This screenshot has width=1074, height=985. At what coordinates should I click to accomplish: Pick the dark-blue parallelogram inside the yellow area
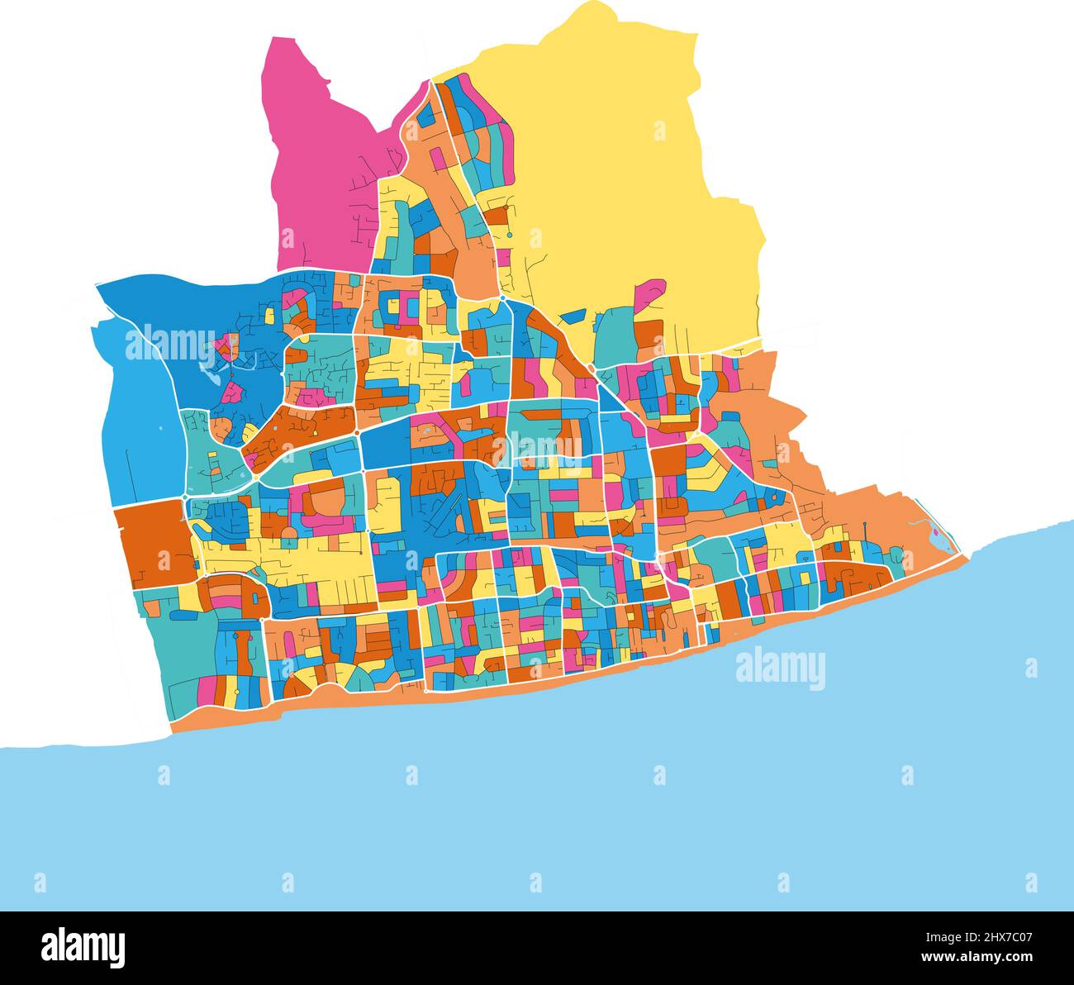(572, 315)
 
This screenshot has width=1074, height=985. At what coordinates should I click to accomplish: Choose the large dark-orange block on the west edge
(149, 541)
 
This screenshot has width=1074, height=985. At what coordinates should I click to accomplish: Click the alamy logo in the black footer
(83, 947)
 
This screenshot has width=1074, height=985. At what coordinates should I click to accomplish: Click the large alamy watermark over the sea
(780, 669)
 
